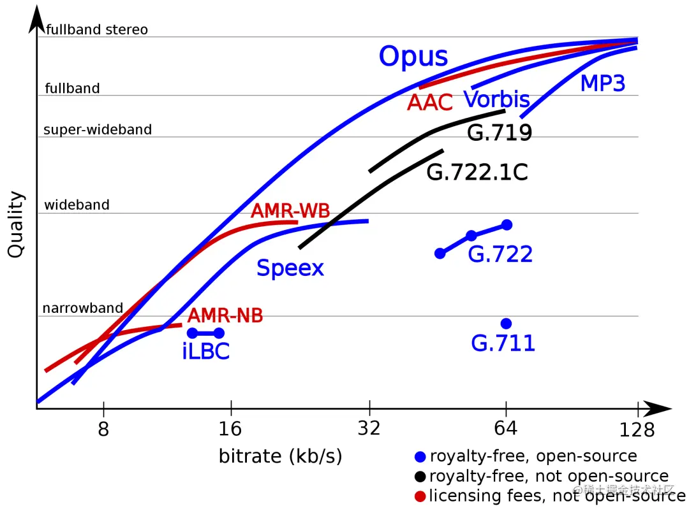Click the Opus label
click(x=413, y=57)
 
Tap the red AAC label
click(x=430, y=102)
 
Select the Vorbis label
click(x=496, y=99)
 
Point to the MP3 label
click(x=602, y=83)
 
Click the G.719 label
click(x=500, y=133)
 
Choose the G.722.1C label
click(x=477, y=172)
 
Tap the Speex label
click(x=290, y=268)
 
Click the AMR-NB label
click(x=225, y=315)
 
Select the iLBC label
click(x=205, y=352)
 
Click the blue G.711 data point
click(x=506, y=324)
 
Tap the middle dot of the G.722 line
click(x=471, y=236)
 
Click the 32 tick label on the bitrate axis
click(x=369, y=428)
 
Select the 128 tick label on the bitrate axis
click(x=637, y=430)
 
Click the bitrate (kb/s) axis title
click(x=280, y=456)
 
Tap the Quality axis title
click(x=15, y=224)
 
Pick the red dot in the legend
click(x=419, y=496)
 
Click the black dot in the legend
click(x=419, y=477)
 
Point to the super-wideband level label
click(x=98, y=130)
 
